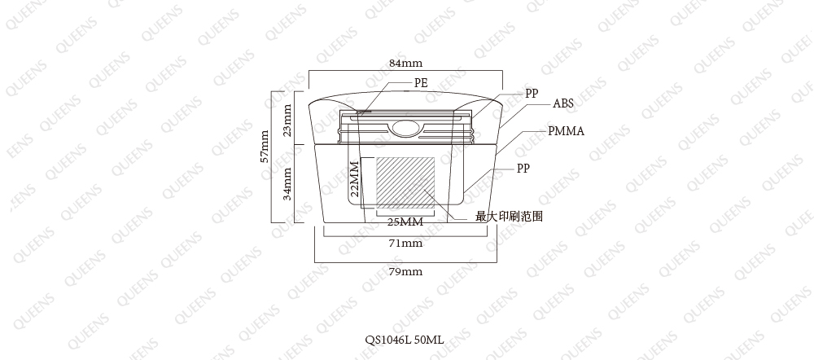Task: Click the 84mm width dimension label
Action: tap(405, 64)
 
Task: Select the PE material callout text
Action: tap(421, 82)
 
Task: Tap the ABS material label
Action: tap(563, 103)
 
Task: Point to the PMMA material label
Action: tap(567, 131)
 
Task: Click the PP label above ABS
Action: tap(532, 93)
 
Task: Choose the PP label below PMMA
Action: tap(523, 169)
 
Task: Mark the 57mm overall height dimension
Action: tap(265, 146)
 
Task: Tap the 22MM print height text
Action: tap(355, 178)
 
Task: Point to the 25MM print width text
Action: tap(405, 222)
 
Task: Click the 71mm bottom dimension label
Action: tap(405, 243)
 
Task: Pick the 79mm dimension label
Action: tap(405, 271)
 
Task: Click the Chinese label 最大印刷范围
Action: tap(510, 216)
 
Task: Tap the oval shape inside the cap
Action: tap(405, 127)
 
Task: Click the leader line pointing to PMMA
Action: tap(521, 141)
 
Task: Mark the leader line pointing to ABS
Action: tap(525, 116)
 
